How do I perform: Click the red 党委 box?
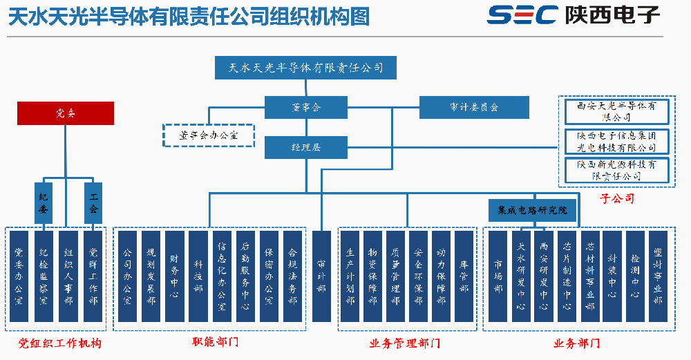(x=65, y=113)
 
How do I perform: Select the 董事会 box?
(x=306, y=107)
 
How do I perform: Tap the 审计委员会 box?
(x=474, y=107)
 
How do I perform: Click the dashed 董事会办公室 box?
(x=209, y=135)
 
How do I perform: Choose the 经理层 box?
(x=306, y=147)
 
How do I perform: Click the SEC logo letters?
(x=522, y=15)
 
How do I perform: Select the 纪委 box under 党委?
(x=44, y=202)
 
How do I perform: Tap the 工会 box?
(x=93, y=202)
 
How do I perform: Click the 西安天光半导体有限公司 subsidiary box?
(x=616, y=112)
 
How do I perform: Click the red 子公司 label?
(x=617, y=198)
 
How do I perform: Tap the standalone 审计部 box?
(x=321, y=276)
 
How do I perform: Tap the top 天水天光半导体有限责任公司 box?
(x=306, y=68)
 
